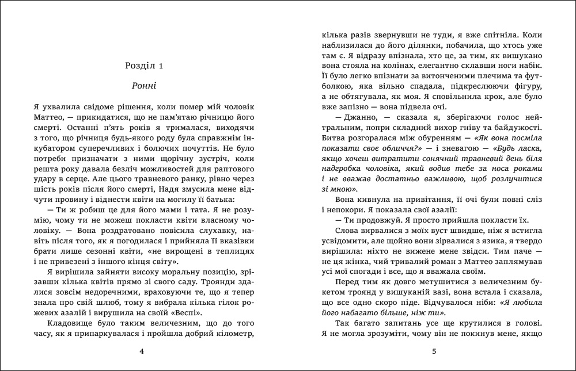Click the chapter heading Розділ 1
tap(144, 66)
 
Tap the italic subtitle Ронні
tap(144, 87)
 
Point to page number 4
tap(142, 351)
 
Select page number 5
tap(434, 351)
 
